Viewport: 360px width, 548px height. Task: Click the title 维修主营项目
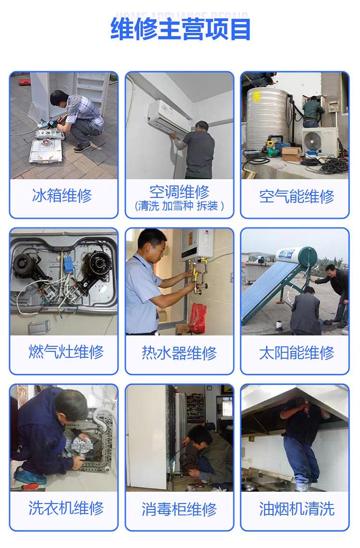[180, 29]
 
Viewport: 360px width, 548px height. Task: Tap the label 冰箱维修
[62, 196]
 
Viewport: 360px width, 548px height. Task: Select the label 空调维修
[180, 192]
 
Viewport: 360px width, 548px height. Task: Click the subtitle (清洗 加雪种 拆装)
[180, 206]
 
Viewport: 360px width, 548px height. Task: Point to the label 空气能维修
[296, 197]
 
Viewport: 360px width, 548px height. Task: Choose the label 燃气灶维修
[66, 352]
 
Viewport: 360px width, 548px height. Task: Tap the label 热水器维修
[180, 353]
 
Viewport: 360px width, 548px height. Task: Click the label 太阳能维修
[296, 353]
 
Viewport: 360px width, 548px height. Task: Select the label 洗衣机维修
[66, 508]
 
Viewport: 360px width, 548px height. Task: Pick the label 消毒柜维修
[180, 509]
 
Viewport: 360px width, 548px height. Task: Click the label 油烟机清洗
[296, 509]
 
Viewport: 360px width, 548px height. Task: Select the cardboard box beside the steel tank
[291, 154]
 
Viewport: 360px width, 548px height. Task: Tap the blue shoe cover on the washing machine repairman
[29, 476]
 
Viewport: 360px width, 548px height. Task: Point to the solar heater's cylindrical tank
[296, 254]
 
